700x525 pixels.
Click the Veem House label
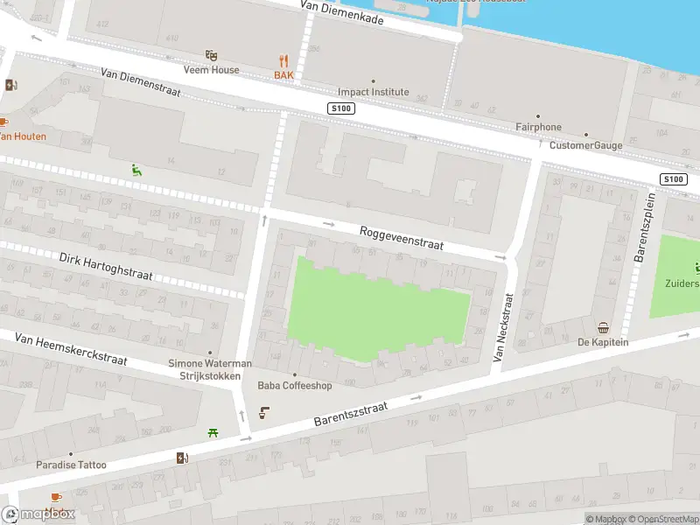click(211, 70)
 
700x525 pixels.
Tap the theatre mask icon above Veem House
click(211, 55)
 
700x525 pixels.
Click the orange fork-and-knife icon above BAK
click(283, 60)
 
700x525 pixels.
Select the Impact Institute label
click(374, 92)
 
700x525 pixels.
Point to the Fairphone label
click(538, 127)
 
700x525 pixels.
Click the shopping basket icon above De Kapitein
click(603, 328)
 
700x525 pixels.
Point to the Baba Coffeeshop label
click(294, 385)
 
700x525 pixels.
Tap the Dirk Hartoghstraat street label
click(106, 267)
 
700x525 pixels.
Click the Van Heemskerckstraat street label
click(71, 349)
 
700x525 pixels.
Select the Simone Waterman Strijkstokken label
click(210, 369)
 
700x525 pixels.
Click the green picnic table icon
click(213, 431)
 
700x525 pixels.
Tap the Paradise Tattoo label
click(71, 465)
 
